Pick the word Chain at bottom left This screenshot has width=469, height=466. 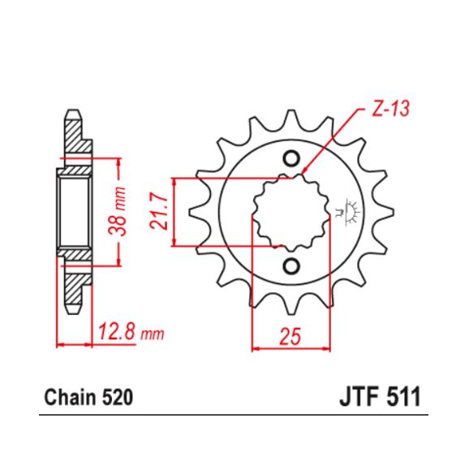click(x=67, y=399)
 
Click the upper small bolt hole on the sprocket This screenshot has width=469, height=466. click(x=290, y=157)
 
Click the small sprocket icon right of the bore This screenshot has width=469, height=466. click(x=351, y=210)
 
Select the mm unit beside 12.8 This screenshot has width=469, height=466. click(x=152, y=334)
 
